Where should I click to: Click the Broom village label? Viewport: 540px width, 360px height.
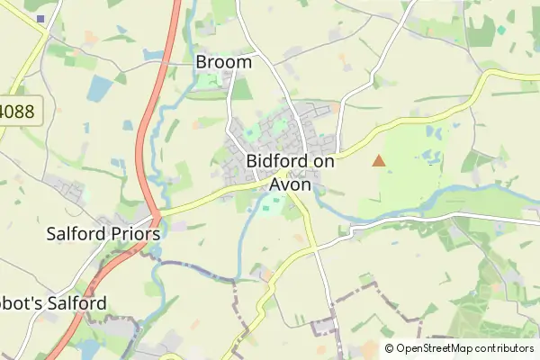point(223,63)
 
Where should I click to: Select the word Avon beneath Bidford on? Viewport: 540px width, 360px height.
point(289,184)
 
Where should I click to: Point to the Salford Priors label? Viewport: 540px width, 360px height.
point(103,233)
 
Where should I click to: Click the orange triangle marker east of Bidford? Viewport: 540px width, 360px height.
point(379,161)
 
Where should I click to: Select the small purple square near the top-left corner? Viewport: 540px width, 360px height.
point(40,18)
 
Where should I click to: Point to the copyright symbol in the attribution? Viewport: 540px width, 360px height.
point(389,348)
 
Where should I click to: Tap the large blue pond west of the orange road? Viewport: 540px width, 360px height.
point(101,88)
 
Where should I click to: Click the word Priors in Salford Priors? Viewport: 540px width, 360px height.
point(133,233)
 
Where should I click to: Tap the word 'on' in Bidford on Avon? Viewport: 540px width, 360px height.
point(317,162)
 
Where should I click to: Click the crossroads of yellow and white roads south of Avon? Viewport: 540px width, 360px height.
point(315,244)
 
